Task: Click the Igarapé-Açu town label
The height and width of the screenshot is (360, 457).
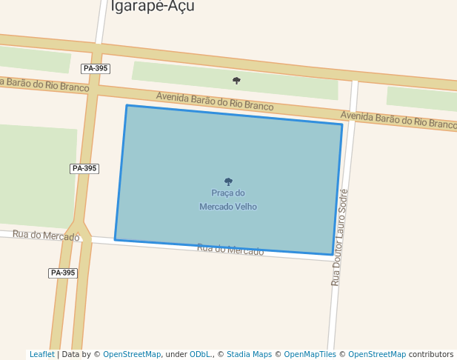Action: pyautogui.click(x=153, y=7)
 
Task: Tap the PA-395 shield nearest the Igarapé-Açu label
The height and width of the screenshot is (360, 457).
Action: pyautogui.click(x=96, y=68)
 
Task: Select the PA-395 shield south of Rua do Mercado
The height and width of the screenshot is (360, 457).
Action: pyautogui.click(x=63, y=273)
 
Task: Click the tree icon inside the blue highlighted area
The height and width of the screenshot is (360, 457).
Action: pyautogui.click(x=228, y=181)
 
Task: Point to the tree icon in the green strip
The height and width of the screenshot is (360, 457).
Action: pyautogui.click(x=236, y=81)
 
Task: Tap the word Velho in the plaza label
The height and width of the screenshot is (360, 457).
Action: pyautogui.click(x=246, y=207)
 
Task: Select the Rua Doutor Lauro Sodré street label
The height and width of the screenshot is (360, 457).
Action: pyautogui.click(x=339, y=237)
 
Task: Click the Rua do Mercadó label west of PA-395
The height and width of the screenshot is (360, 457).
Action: pyautogui.click(x=46, y=236)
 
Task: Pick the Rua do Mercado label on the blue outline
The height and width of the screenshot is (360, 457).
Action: pyautogui.click(x=230, y=250)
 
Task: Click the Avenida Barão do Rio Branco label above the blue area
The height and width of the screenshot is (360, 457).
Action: pyautogui.click(x=215, y=101)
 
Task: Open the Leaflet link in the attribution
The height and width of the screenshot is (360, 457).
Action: pyautogui.click(x=41, y=354)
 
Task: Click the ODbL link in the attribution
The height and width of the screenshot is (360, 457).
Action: pyautogui.click(x=201, y=354)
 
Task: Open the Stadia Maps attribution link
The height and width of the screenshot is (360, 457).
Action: pyautogui.click(x=249, y=354)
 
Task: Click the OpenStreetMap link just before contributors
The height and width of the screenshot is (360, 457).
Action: pyautogui.click(x=377, y=354)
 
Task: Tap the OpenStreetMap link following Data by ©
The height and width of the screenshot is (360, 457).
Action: pyautogui.click(x=132, y=354)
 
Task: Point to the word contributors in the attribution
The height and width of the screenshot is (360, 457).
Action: pyautogui.click(x=430, y=354)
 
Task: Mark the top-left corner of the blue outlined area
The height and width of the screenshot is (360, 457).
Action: pyautogui.click(x=127, y=106)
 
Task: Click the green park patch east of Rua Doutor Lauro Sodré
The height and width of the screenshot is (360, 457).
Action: pyautogui.click(x=420, y=99)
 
